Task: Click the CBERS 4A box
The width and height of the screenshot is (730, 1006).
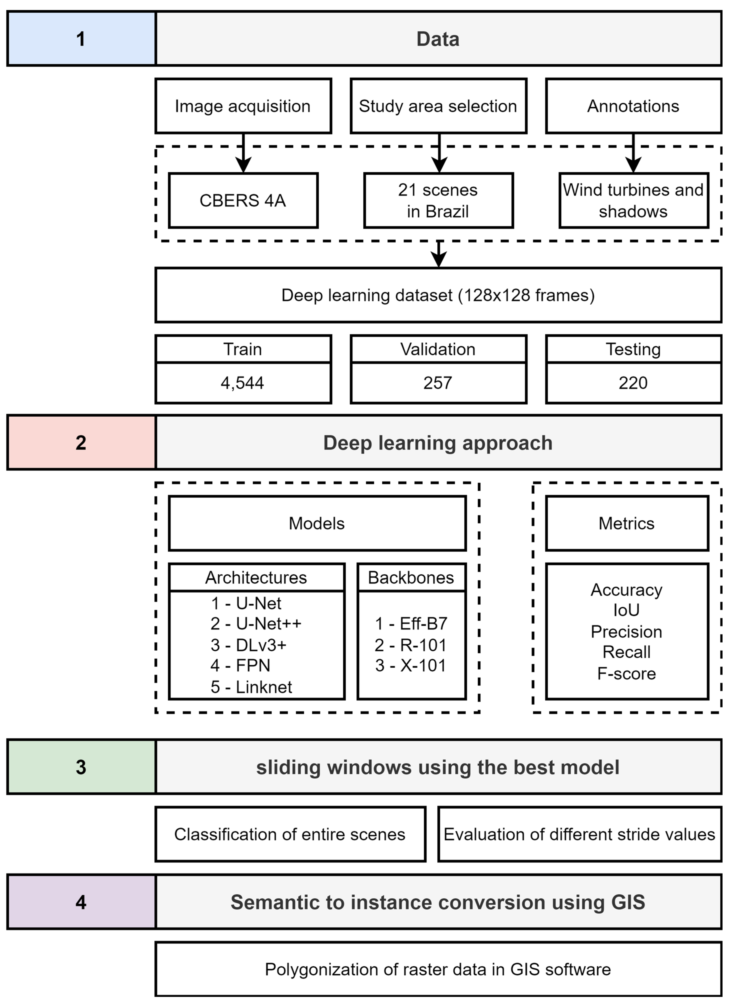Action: click(x=243, y=200)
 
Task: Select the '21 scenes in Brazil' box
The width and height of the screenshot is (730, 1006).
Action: click(x=439, y=200)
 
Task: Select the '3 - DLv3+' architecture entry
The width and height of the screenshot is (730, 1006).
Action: click(x=249, y=645)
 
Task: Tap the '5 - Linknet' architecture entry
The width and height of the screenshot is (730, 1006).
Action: click(x=251, y=687)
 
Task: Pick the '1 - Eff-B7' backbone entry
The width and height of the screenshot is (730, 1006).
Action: click(x=411, y=624)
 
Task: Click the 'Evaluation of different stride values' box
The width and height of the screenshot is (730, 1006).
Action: click(x=580, y=834)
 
